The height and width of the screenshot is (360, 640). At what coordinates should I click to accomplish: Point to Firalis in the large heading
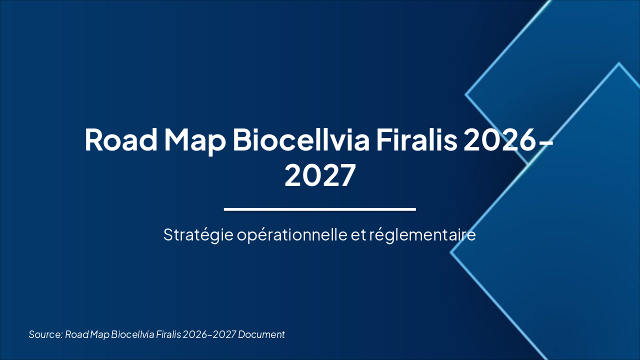tap(416, 140)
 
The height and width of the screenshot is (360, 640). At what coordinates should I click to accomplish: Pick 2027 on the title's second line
tap(320, 175)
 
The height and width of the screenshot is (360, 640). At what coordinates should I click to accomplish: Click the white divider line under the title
tap(320, 209)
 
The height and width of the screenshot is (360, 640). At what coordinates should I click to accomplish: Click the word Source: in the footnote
tap(45, 334)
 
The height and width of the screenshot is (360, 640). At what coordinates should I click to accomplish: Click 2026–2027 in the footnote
tap(209, 334)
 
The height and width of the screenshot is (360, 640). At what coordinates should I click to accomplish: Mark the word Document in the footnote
tap(261, 334)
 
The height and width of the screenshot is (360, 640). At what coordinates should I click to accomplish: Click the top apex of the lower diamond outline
tap(619, 63)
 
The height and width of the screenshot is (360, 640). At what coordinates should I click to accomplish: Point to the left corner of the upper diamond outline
tap(466, 94)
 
